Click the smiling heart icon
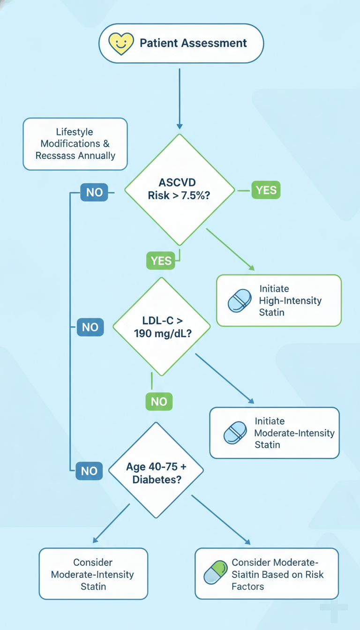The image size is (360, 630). [121, 44]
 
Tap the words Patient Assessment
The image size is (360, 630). [193, 43]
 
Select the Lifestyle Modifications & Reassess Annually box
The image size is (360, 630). [75, 144]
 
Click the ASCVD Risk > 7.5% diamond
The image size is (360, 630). [180, 190]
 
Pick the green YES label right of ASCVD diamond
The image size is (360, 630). [266, 190]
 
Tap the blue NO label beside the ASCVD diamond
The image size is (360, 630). [94, 192]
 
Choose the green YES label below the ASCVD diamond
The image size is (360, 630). [161, 261]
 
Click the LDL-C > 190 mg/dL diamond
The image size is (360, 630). [162, 327]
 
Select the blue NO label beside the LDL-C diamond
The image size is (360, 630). [90, 327]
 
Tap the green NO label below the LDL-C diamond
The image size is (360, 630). [159, 402]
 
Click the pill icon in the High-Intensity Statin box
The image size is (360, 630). [240, 300]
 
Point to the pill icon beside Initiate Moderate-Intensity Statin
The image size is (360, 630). [235, 433]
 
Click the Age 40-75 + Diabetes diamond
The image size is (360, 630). [156, 470]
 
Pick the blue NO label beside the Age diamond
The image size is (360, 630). [89, 471]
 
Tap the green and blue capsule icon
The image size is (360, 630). [216, 572]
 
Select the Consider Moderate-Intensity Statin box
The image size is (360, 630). [93, 574]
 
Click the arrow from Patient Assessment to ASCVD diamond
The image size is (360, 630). [180, 99]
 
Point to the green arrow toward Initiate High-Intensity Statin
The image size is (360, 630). [230, 249]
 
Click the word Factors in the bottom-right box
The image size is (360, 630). [248, 587]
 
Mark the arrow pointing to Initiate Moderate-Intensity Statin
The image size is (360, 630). [225, 379]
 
